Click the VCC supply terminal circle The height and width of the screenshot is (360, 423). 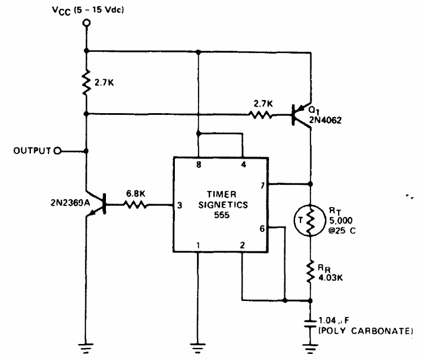coord(87,23)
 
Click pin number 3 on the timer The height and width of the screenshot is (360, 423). coord(180,205)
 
